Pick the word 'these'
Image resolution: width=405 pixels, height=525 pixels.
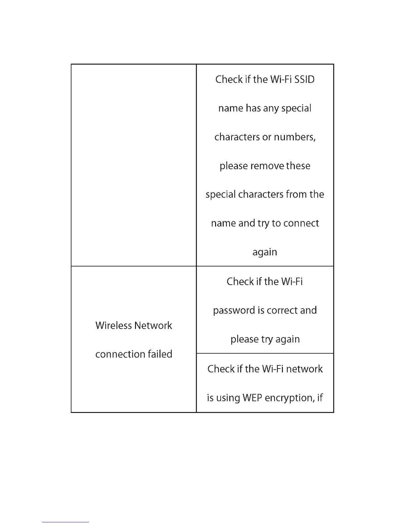(x=298, y=166)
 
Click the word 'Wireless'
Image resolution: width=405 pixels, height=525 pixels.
(x=113, y=325)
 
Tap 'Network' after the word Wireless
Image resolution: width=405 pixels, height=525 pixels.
(x=153, y=325)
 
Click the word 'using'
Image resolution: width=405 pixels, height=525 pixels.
(x=228, y=398)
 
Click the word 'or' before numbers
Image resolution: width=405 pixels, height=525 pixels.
(x=267, y=137)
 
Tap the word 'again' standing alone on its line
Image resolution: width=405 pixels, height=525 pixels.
(x=265, y=253)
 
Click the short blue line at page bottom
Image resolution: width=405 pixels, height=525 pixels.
(x=66, y=522)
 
